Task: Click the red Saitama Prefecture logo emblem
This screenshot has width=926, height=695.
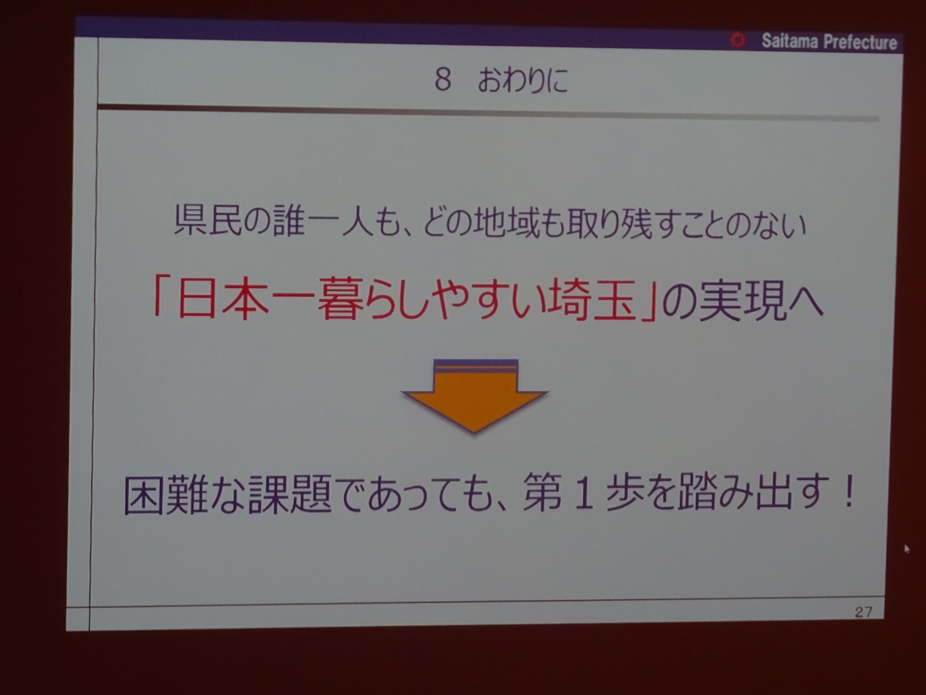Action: click(x=738, y=40)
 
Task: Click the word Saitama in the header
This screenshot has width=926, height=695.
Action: click(x=789, y=41)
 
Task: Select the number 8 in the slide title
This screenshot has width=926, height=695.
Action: click(x=443, y=80)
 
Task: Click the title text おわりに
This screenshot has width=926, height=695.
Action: click(x=523, y=80)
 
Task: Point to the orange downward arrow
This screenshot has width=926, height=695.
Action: click(x=475, y=396)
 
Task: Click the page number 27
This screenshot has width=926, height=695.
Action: click(x=863, y=612)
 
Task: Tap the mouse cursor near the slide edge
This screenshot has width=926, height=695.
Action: click(x=906, y=549)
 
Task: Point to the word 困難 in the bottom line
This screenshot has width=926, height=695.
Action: click(x=165, y=495)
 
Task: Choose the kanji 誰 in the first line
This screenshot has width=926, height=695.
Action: click(x=289, y=221)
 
